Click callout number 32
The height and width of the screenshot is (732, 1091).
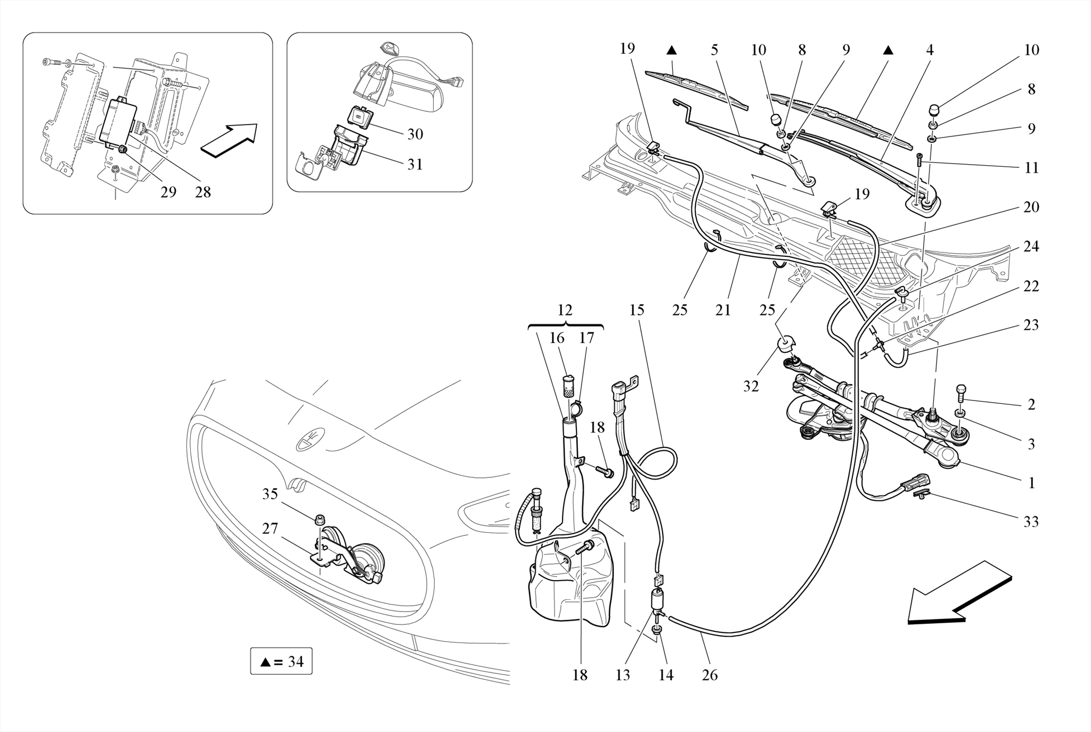[751, 386]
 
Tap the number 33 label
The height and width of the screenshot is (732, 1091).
[1031, 522]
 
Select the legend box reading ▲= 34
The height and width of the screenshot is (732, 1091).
[281, 661]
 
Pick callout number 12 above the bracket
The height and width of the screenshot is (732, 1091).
[565, 310]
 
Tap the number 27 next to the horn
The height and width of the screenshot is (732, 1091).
[270, 528]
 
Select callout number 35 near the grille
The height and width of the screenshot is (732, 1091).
[270, 494]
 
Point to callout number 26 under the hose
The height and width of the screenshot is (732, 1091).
[710, 675]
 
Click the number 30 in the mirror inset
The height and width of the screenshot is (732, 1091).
[415, 134]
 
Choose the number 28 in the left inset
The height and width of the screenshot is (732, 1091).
[202, 192]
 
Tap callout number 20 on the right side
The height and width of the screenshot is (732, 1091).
[1031, 207]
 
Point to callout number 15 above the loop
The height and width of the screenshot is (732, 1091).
[637, 310]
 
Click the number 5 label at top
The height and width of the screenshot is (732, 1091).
[714, 50]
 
